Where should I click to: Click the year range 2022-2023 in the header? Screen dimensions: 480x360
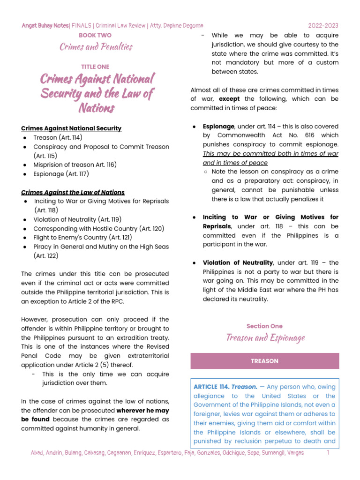(x=323, y=25)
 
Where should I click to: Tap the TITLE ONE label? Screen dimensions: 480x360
(x=95, y=67)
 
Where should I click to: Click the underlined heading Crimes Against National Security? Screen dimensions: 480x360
(x=71, y=128)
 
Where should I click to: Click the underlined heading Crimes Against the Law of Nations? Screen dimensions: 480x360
(x=73, y=192)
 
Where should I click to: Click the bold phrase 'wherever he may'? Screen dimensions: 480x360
(x=143, y=410)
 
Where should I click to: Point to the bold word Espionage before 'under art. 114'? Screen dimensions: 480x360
(x=218, y=127)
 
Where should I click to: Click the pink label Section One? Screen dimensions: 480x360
(x=264, y=326)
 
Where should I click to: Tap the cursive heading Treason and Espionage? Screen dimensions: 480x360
(x=265, y=337)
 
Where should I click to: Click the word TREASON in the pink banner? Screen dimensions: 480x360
(x=264, y=361)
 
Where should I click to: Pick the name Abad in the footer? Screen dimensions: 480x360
(x=38, y=453)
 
